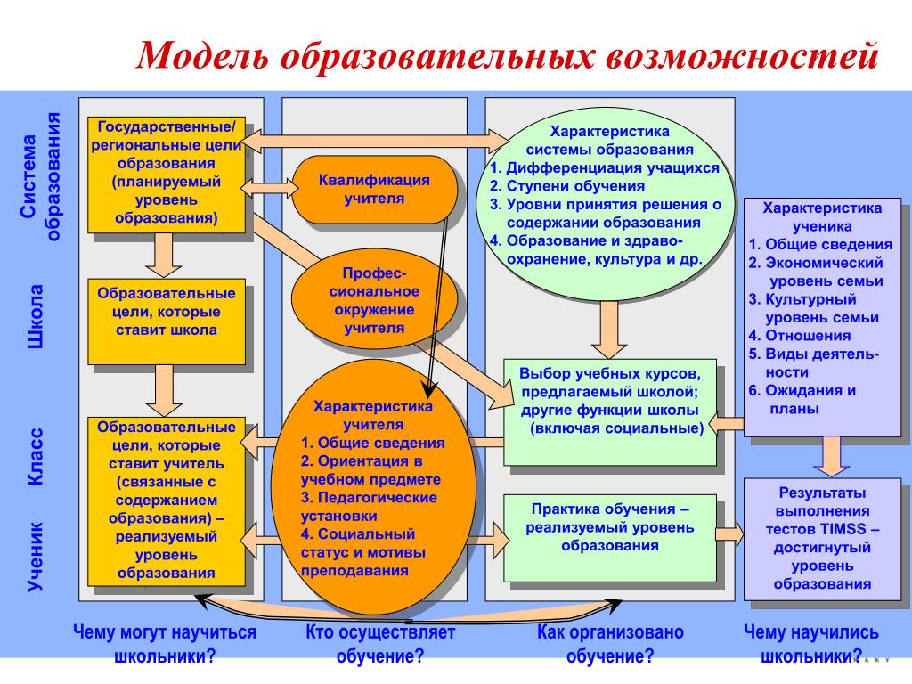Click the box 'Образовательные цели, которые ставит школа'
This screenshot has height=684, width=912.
[166, 321]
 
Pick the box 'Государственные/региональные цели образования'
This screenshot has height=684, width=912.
[166, 175]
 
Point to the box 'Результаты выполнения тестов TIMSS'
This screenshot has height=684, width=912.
[821, 538]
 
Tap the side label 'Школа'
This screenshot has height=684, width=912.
[36, 317]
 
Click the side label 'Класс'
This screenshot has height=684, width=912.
[36, 456]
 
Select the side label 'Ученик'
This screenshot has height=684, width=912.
[36, 557]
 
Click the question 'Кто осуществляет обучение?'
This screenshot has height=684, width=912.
[380, 645]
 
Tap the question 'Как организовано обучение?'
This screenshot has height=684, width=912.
[610, 645]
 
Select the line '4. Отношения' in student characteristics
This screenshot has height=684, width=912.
[799, 336]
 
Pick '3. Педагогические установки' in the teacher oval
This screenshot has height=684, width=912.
[369, 506]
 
